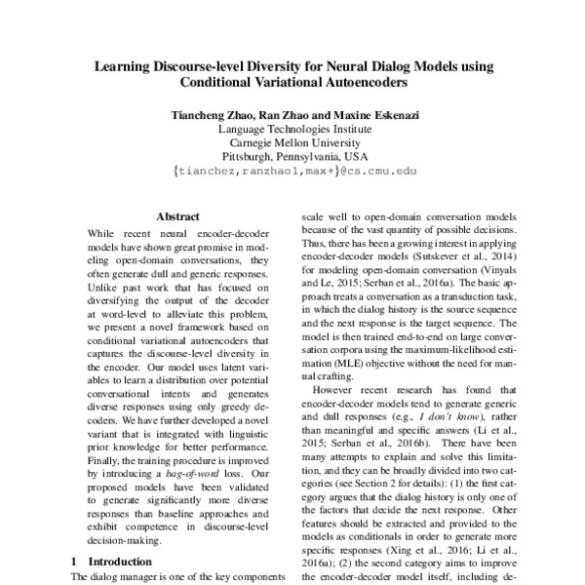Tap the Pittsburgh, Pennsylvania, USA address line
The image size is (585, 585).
click(x=292, y=155)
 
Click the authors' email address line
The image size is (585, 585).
click(x=292, y=170)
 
